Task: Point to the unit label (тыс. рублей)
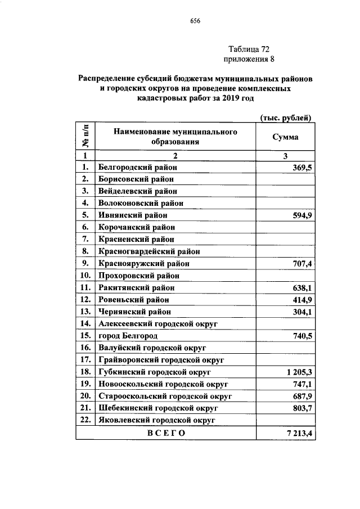point(286,117)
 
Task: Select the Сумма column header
point(285,137)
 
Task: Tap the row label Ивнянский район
point(133,215)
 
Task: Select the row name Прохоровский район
point(138,276)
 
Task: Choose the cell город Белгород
point(127,336)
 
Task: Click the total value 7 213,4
point(298,433)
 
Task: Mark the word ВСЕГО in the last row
point(166,433)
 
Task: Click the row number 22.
point(85,420)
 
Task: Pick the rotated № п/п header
point(85,137)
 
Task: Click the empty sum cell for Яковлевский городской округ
point(285,420)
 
